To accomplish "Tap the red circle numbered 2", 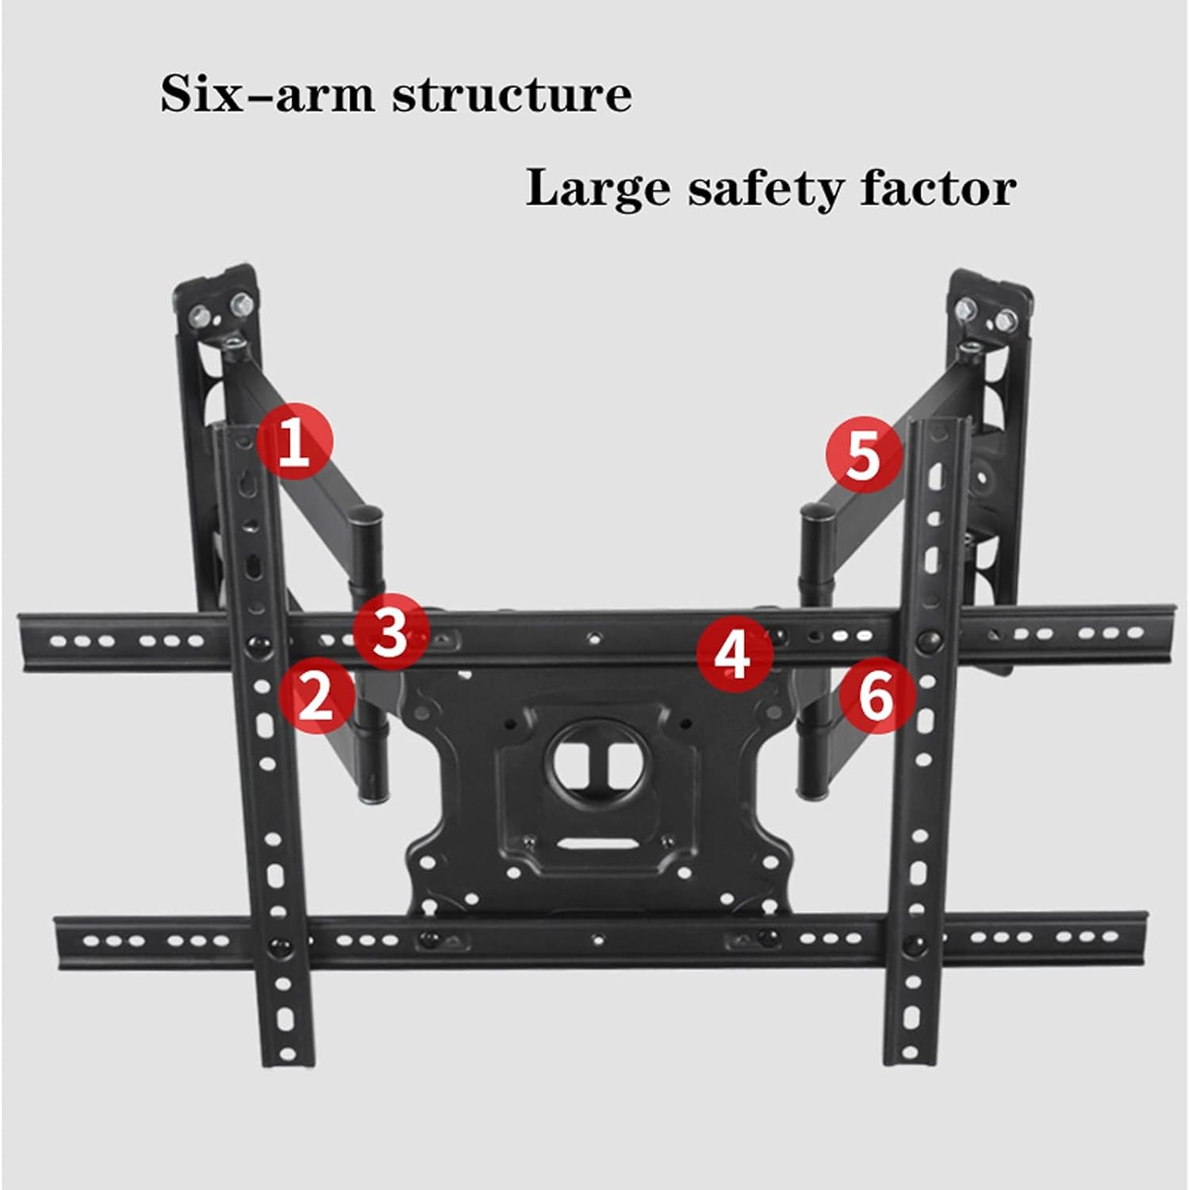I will point(316,696).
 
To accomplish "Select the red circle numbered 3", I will point(390,632).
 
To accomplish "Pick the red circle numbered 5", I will point(864,455).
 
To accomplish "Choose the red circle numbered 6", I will point(877,697).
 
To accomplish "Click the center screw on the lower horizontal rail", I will point(596,940).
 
